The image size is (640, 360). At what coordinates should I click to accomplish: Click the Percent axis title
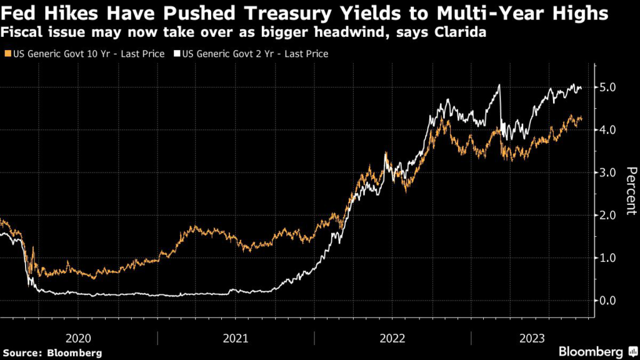click(x=631, y=191)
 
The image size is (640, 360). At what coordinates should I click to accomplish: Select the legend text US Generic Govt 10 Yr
click(x=87, y=54)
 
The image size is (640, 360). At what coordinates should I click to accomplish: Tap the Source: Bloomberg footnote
click(x=52, y=353)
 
